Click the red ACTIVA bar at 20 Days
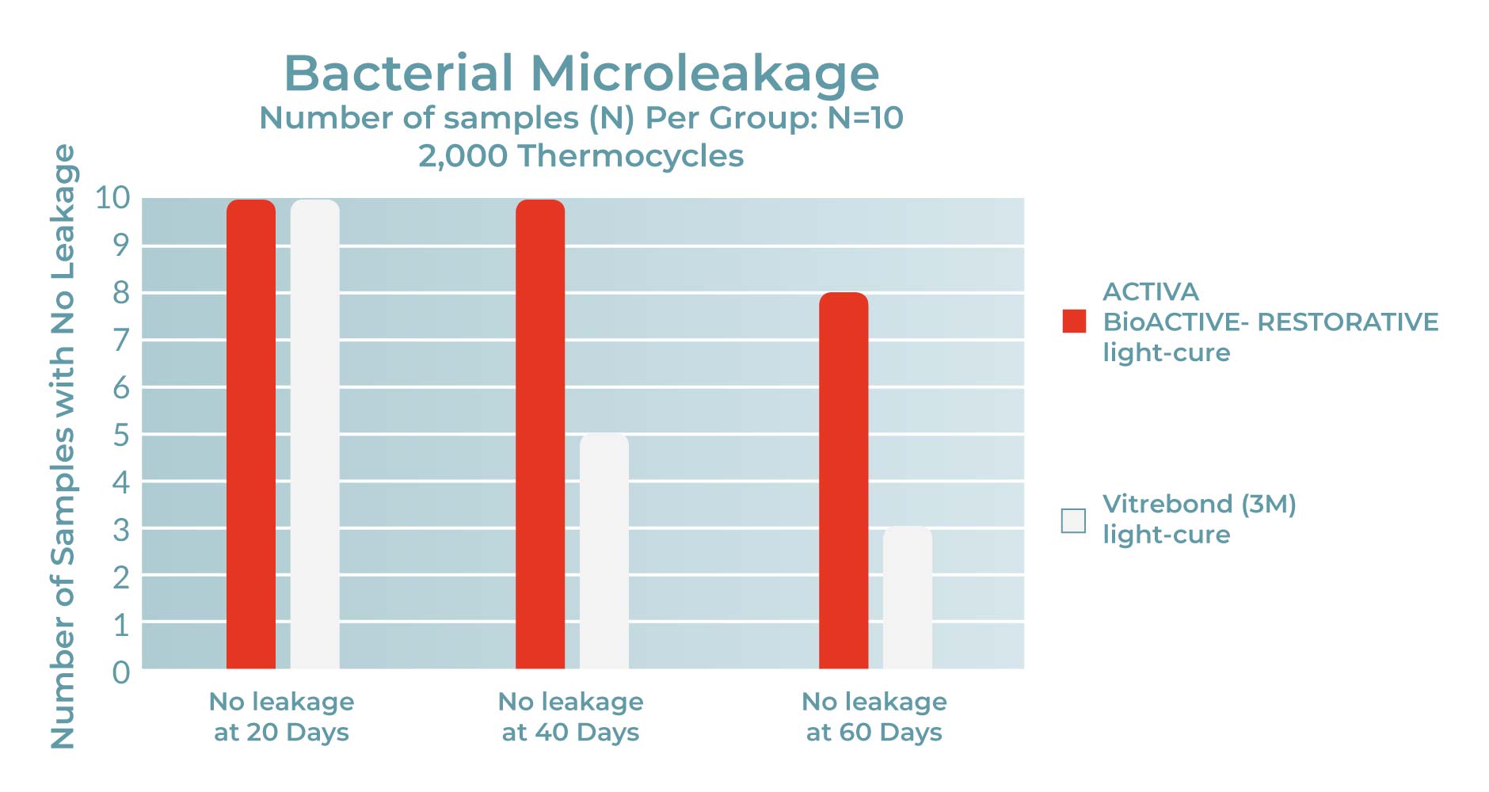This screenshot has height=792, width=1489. click(x=251, y=434)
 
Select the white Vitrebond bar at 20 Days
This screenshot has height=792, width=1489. click(x=314, y=434)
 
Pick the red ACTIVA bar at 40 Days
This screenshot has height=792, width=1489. click(x=540, y=434)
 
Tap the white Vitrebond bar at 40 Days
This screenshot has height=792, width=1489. click(x=604, y=551)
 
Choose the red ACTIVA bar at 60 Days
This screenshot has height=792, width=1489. click(x=844, y=481)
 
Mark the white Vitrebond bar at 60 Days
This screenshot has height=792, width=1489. click(x=907, y=598)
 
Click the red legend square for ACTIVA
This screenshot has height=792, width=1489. click(x=1074, y=322)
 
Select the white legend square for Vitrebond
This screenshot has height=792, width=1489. click(x=1073, y=520)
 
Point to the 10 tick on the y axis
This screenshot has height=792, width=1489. click(x=112, y=198)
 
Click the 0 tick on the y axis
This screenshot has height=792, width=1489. click(x=120, y=672)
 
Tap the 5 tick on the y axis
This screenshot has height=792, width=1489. click(x=120, y=436)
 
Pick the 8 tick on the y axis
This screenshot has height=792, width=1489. click(x=120, y=293)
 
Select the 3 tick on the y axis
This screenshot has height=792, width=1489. click(x=120, y=530)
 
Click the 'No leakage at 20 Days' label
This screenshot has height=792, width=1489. click(x=281, y=717)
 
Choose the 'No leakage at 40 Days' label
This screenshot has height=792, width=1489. click(x=570, y=717)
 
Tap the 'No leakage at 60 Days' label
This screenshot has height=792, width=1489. click(x=874, y=717)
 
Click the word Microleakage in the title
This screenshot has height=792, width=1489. click(x=704, y=74)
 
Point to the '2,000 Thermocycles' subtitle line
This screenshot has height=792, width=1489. click(x=581, y=156)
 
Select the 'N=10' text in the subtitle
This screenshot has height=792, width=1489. click(x=865, y=119)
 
